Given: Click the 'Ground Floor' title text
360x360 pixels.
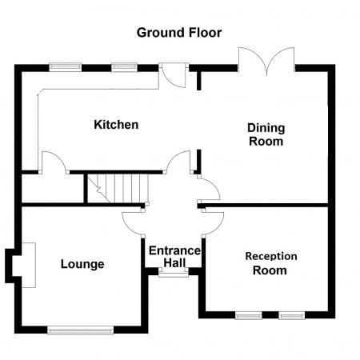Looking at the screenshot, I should (x=179, y=33).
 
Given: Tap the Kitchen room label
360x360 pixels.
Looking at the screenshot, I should (x=116, y=125).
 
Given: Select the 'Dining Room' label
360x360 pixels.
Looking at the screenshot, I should (x=266, y=134).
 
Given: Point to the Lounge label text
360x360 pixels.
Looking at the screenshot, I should (x=82, y=264).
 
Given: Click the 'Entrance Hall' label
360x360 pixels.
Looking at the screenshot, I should (x=174, y=257).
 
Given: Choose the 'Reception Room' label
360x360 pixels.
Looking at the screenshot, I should (x=270, y=263).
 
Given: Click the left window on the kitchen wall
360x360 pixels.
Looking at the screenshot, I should (x=62, y=67).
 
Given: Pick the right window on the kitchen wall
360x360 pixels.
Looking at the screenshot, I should (x=124, y=67).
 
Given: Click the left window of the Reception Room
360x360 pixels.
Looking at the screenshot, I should (x=248, y=314).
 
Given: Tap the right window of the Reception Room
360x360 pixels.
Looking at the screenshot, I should (x=291, y=314).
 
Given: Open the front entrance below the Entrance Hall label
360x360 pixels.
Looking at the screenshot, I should (x=170, y=274).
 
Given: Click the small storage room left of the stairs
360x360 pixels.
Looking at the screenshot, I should (x=52, y=189).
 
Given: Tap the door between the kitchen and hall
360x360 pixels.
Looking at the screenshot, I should (x=178, y=162).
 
